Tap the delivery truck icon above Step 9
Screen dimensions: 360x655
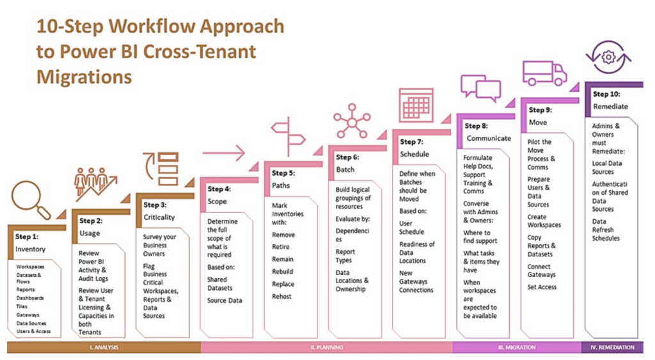tap(544, 73)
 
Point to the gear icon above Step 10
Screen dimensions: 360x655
tap(608, 58)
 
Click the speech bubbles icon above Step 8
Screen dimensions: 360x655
tap(480, 88)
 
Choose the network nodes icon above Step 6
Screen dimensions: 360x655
tap(351, 121)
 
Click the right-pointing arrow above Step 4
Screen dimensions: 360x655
tap(224, 153)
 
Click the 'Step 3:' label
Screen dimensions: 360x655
tap(155, 205)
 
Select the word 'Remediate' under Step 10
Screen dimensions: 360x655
tap(610, 106)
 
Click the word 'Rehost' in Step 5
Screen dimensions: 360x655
tap(281, 296)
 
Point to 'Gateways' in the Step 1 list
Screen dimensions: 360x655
tap(28, 315)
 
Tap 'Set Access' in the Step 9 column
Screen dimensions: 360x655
tap(542, 287)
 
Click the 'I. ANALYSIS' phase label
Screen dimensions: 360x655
tap(104, 347)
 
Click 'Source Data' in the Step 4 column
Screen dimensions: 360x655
tap(225, 301)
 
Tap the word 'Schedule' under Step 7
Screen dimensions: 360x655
tap(414, 154)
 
